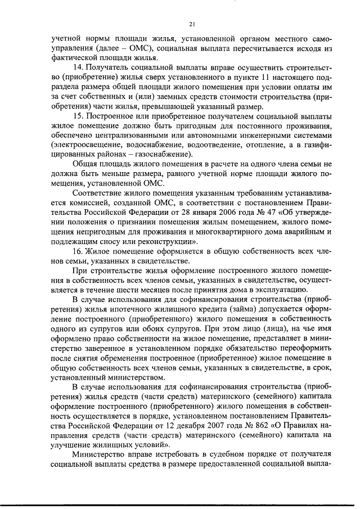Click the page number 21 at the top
tap(192, 24)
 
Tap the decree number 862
tap(268, 425)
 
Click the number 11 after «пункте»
tap(250, 77)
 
